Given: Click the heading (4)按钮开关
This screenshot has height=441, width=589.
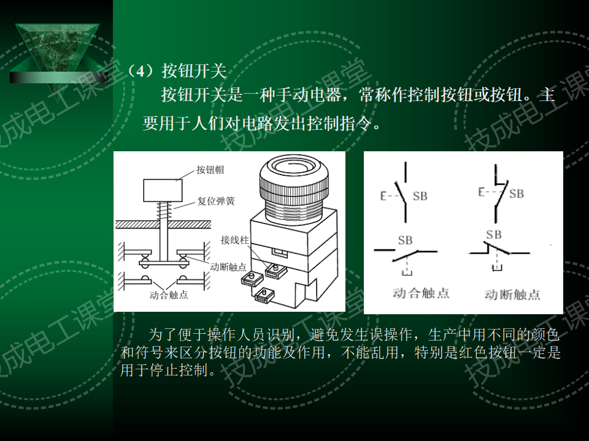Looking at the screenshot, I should (176, 72).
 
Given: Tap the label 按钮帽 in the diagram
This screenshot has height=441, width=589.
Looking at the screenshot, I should (210, 170).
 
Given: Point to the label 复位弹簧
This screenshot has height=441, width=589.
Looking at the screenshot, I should (215, 200).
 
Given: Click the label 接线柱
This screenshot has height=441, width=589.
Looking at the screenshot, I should (234, 241).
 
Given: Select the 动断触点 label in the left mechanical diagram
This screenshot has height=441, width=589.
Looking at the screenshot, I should (228, 267).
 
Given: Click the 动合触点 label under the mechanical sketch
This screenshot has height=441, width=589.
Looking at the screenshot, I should (169, 295).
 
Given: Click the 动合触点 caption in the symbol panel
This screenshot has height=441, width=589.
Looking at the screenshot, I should (421, 293).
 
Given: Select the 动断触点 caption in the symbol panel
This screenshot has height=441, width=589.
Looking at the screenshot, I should (512, 294).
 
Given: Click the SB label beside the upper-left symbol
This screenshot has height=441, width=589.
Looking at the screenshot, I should (420, 196).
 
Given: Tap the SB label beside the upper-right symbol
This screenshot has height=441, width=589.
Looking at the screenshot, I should (517, 194).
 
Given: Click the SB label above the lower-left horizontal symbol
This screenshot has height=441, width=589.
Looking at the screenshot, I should (406, 240).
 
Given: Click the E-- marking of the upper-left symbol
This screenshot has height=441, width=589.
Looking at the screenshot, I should (388, 197).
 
